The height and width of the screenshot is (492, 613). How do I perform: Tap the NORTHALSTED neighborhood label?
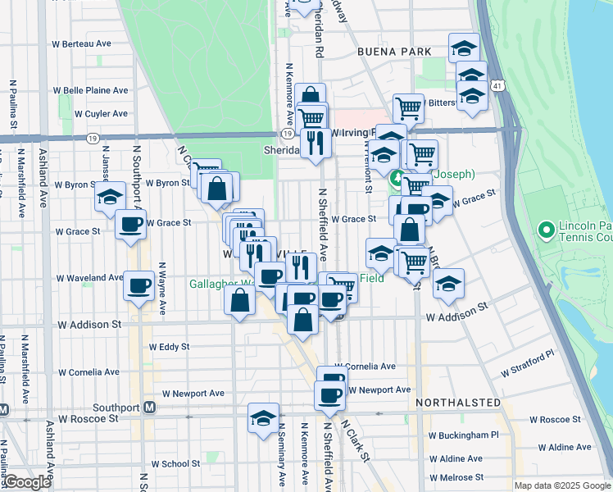457,403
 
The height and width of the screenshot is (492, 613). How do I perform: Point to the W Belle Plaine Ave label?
90,90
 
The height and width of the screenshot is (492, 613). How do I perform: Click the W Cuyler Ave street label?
100,114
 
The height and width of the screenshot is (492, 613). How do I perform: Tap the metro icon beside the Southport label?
150,407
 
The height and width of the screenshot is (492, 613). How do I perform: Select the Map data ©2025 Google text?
561,485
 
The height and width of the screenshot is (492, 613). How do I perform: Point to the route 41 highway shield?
498,84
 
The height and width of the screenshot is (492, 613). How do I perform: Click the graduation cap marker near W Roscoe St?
263,418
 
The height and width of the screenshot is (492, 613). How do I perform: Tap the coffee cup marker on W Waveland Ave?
138,285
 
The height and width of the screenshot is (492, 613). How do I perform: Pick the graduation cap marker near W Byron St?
110,197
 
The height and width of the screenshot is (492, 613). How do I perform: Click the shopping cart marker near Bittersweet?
407,107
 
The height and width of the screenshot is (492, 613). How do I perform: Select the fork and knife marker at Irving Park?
316,143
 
